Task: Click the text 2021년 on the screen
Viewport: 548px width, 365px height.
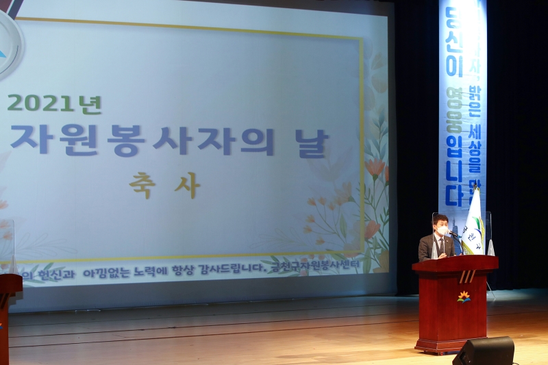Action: coord(54,104)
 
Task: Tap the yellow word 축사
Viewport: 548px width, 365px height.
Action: coord(164,185)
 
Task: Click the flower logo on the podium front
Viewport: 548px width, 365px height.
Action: coord(464,297)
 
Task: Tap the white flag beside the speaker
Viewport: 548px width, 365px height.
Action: coord(473,223)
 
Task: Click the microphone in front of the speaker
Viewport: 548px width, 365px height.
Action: coord(453,236)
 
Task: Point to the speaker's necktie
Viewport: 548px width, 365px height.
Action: coord(441,246)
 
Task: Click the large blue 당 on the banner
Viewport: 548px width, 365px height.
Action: coord(452,21)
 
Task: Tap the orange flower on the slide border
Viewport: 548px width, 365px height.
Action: coord(374,168)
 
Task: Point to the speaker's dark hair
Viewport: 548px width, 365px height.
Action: coord(441,218)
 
